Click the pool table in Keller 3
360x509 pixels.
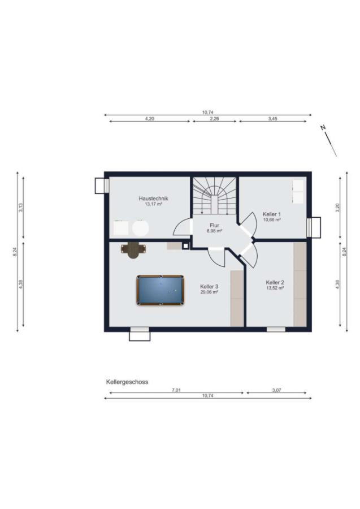point(160,290)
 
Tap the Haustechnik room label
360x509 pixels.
point(153,199)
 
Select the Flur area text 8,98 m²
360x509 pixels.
point(214,231)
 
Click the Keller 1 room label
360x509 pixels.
point(271,214)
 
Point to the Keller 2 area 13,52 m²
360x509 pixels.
point(275,288)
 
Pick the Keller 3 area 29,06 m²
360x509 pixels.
point(209,292)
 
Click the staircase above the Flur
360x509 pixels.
point(214,196)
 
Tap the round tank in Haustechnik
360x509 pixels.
point(140,228)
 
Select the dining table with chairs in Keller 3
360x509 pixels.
point(133,249)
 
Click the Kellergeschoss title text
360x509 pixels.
point(127,382)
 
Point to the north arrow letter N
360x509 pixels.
point(323,128)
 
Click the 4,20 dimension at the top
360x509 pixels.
point(149,119)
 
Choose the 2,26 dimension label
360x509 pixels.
point(214,119)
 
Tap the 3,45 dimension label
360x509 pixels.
point(273,119)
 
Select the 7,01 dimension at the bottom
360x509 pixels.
point(176,390)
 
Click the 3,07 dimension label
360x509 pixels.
point(277,390)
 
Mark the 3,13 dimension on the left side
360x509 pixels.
point(21,208)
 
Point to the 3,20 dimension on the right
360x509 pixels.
point(337,208)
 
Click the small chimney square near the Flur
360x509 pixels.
point(185,246)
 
